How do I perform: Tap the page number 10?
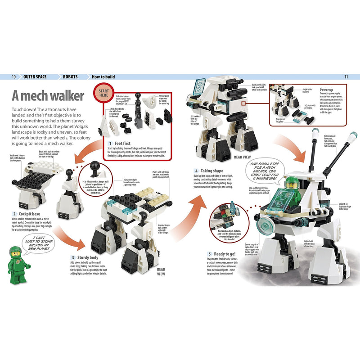pyautogui.click(x=14, y=77)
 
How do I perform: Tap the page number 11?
pyautogui.click(x=346, y=77)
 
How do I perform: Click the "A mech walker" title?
pyautogui.click(x=48, y=97)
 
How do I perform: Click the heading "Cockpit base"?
pyautogui.click(x=30, y=214)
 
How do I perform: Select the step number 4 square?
pyautogui.click(x=196, y=171)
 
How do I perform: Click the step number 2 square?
pyautogui.click(x=14, y=214)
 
